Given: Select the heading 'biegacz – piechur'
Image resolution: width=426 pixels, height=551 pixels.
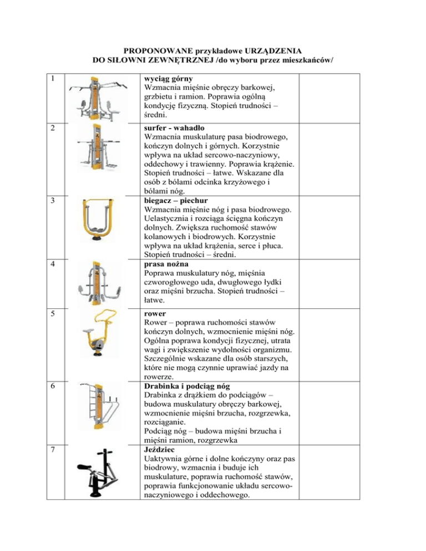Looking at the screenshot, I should click(176, 200).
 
